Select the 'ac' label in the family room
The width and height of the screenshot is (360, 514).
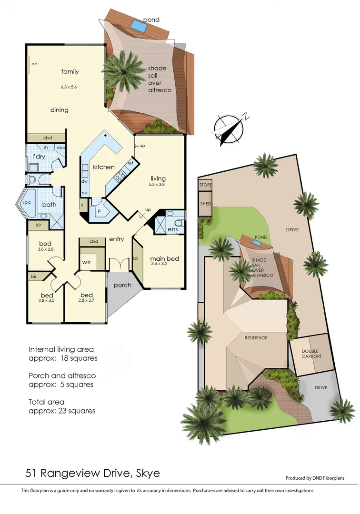tap(34, 64)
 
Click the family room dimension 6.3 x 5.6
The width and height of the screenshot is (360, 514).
tap(69, 87)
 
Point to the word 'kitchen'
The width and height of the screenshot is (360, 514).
tap(103, 167)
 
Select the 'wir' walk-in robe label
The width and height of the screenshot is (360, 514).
tap(86, 262)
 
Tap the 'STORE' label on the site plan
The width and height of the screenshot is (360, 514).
tap(206, 184)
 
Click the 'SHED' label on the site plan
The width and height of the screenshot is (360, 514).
tap(206, 203)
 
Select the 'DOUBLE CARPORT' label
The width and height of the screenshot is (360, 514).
tap(311, 354)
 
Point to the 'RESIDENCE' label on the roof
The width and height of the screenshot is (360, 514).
tap(256, 337)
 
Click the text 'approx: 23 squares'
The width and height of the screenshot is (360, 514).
tap(62, 411)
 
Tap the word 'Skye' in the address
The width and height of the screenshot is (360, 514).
tap(146, 473)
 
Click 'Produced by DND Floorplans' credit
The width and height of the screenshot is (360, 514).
tap(315, 478)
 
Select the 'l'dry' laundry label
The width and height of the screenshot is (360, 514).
tap(39, 157)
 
